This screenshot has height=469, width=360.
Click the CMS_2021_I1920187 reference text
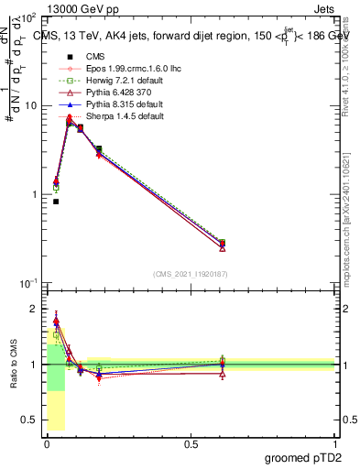pyautogui.click(x=189, y=273)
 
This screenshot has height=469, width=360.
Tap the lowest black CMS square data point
pyautogui.click(x=56, y=202)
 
